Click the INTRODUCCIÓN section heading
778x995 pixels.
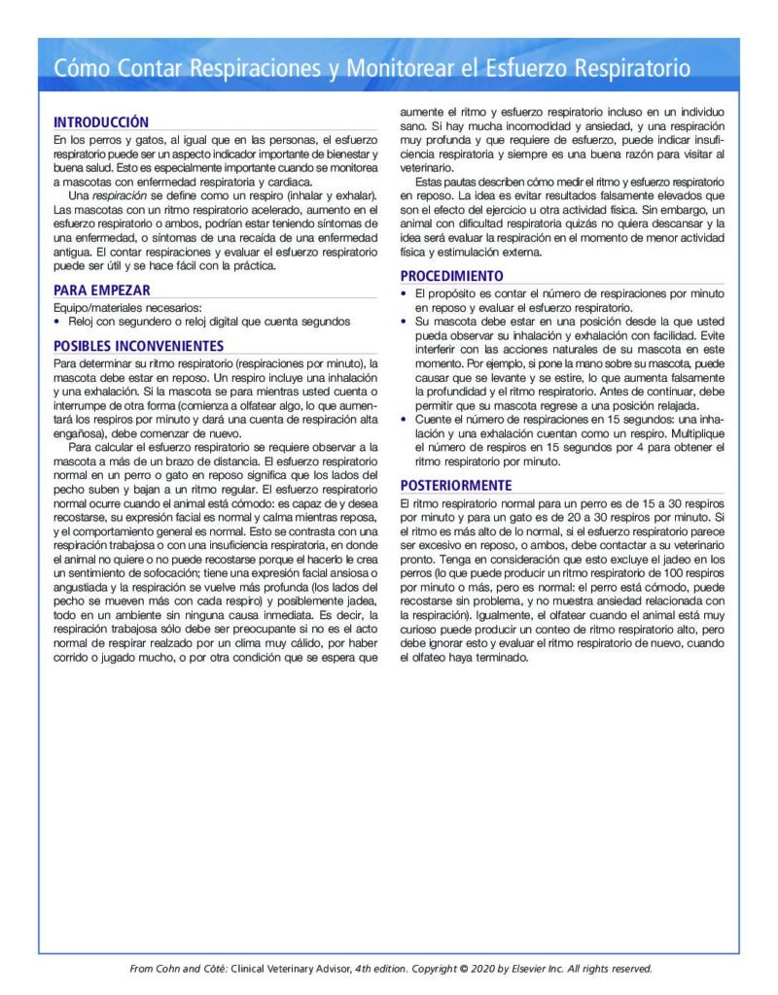[101, 122]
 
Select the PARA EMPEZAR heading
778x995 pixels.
[101, 290]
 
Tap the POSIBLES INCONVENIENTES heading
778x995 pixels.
[138, 346]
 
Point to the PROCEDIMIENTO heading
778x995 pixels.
[452, 276]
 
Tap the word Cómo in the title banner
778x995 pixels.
[81, 69]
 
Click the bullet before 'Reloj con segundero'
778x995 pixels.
[57, 321]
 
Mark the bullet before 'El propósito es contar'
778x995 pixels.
[406, 293]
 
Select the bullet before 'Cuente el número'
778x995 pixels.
[406, 420]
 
